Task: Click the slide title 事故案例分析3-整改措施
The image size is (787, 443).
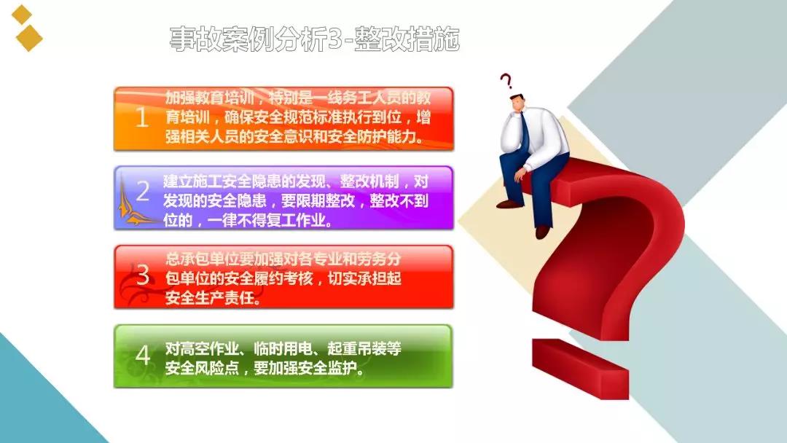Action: (315, 39)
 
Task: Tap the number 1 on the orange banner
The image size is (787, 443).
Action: (142, 117)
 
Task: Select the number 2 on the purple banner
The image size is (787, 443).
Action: (143, 191)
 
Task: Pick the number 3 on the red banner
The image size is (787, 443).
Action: (143, 275)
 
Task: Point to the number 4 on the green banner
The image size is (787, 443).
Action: (143, 355)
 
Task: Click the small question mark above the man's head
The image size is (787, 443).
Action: (506, 82)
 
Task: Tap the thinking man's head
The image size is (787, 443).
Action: (520, 104)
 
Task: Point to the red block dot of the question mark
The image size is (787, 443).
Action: (580, 368)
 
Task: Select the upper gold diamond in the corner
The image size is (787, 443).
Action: (22, 15)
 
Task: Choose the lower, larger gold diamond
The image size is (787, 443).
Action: (28, 38)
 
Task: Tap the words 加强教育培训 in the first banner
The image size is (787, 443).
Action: (209, 98)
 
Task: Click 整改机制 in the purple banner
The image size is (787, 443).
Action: (369, 181)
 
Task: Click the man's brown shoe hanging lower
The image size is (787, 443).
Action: (542, 232)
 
